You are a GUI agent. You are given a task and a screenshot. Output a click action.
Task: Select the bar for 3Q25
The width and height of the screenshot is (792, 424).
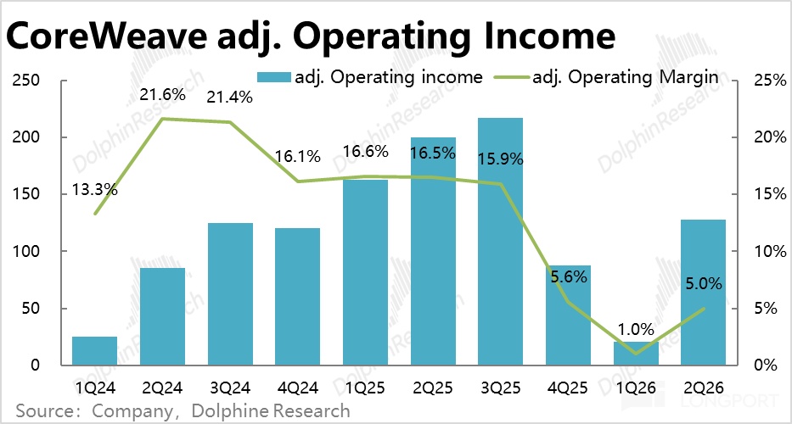[x=500, y=242]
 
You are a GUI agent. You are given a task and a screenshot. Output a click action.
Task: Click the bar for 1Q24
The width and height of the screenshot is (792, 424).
[x=94, y=351]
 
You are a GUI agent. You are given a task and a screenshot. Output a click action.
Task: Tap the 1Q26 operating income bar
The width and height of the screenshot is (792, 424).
[x=636, y=354]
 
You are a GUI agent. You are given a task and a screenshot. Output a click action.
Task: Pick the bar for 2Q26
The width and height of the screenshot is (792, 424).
[x=703, y=293]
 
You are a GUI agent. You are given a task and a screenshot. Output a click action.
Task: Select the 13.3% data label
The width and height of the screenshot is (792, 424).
[x=94, y=190]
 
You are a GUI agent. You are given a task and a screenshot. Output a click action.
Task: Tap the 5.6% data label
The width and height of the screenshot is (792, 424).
[x=568, y=276]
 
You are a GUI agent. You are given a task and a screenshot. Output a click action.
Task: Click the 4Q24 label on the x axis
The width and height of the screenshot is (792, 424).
[x=297, y=388]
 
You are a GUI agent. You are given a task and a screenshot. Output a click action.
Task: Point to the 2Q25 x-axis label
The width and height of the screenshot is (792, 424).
[x=433, y=388]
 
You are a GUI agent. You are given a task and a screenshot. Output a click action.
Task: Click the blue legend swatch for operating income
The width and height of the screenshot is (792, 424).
[x=274, y=77]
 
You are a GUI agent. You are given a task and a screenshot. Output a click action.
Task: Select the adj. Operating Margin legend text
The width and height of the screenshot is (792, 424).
[x=625, y=78]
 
